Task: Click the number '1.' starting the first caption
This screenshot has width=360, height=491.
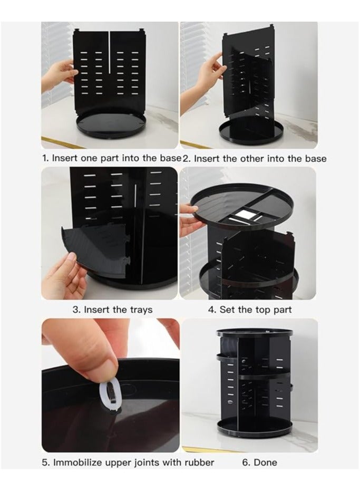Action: point(45,158)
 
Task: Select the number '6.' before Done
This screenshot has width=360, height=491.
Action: point(247,463)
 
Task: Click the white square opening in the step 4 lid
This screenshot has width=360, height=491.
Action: point(244,214)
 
